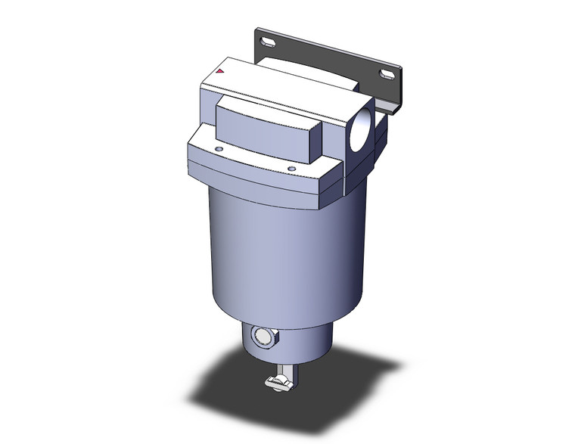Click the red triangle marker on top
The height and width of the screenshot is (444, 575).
pyautogui.click(x=219, y=72)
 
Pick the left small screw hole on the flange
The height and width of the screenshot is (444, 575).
pyautogui.click(x=219, y=151)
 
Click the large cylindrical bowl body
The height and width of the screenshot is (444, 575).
pyautogui.click(x=272, y=257)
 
